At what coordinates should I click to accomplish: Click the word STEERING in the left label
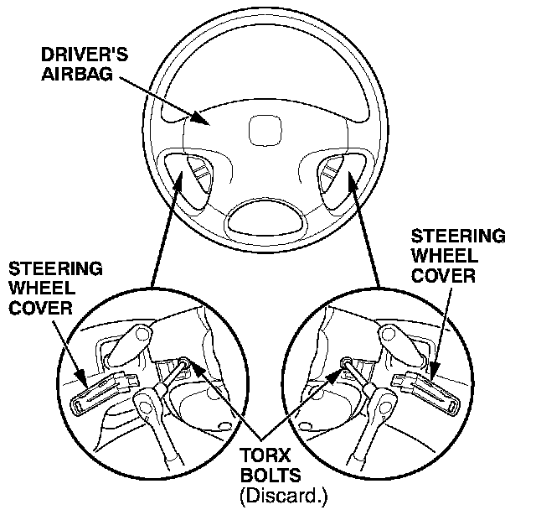(55, 269)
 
